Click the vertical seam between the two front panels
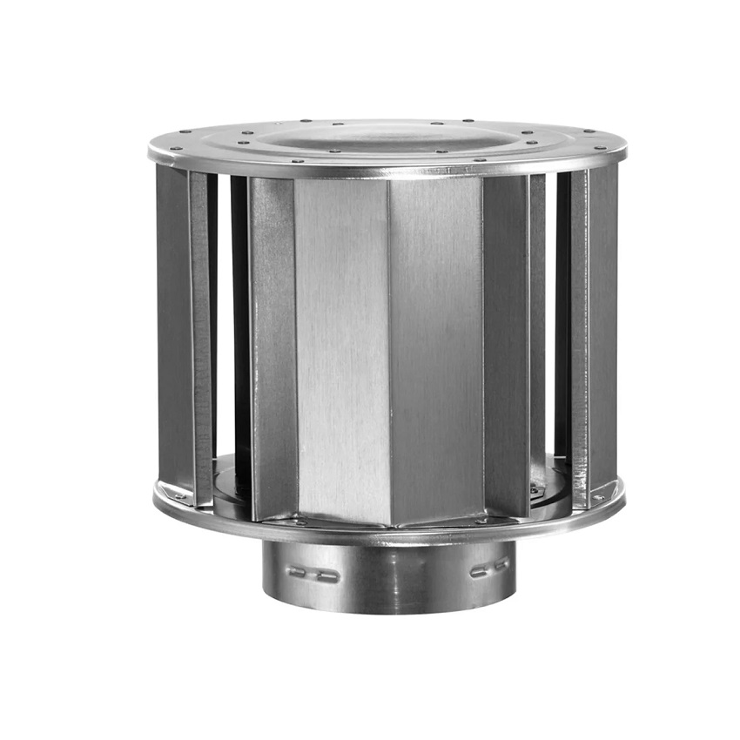click(x=389, y=348)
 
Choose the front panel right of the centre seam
click(x=435, y=348)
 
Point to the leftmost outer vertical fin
click(x=172, y=331)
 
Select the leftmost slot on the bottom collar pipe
click(x=297, y=571)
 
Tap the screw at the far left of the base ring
click(x=178, y=497)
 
